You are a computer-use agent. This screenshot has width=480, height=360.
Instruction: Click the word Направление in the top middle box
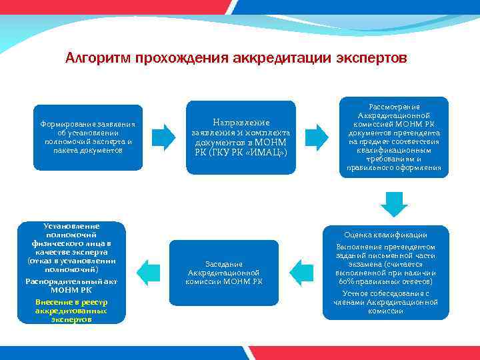click(x=241, y=123)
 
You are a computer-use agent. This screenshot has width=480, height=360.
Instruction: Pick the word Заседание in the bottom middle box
click(x=224, y=264)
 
